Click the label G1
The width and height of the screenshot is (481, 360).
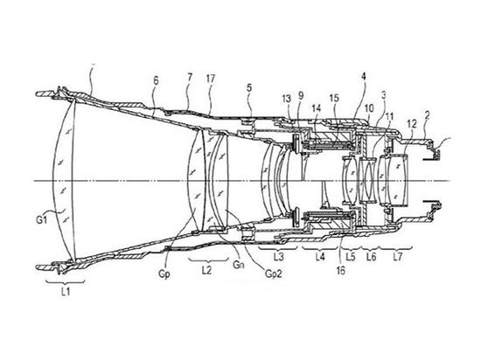coord(42,219)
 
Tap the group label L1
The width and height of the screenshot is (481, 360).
coord(66,292)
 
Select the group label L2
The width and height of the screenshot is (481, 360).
coord(207,270)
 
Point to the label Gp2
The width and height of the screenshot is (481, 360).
coord(273,273)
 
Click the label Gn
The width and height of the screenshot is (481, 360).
coord(239,265)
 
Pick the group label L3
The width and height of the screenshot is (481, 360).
coord(278,257)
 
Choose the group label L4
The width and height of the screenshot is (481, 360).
coord(320,257)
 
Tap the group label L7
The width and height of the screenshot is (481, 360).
coord(398,257)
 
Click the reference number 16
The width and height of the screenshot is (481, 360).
coord(341,271)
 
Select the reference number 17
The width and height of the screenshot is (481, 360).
coord(211,79)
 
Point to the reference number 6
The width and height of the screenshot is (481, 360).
coord(157,81)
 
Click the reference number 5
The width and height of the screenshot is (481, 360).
coord(249,88)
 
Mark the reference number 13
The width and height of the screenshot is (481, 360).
coord(287,99)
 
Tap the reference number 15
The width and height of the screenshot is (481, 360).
coord(334,98)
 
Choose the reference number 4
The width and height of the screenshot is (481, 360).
coord(364,76)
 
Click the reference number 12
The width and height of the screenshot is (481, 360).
coord(412,124)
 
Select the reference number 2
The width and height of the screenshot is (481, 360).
coord(428,115)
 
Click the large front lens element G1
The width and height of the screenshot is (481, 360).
coord(64,180)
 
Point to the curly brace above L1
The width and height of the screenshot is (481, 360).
coord(65,281)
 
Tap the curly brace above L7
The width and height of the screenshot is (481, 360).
coord(396,247)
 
